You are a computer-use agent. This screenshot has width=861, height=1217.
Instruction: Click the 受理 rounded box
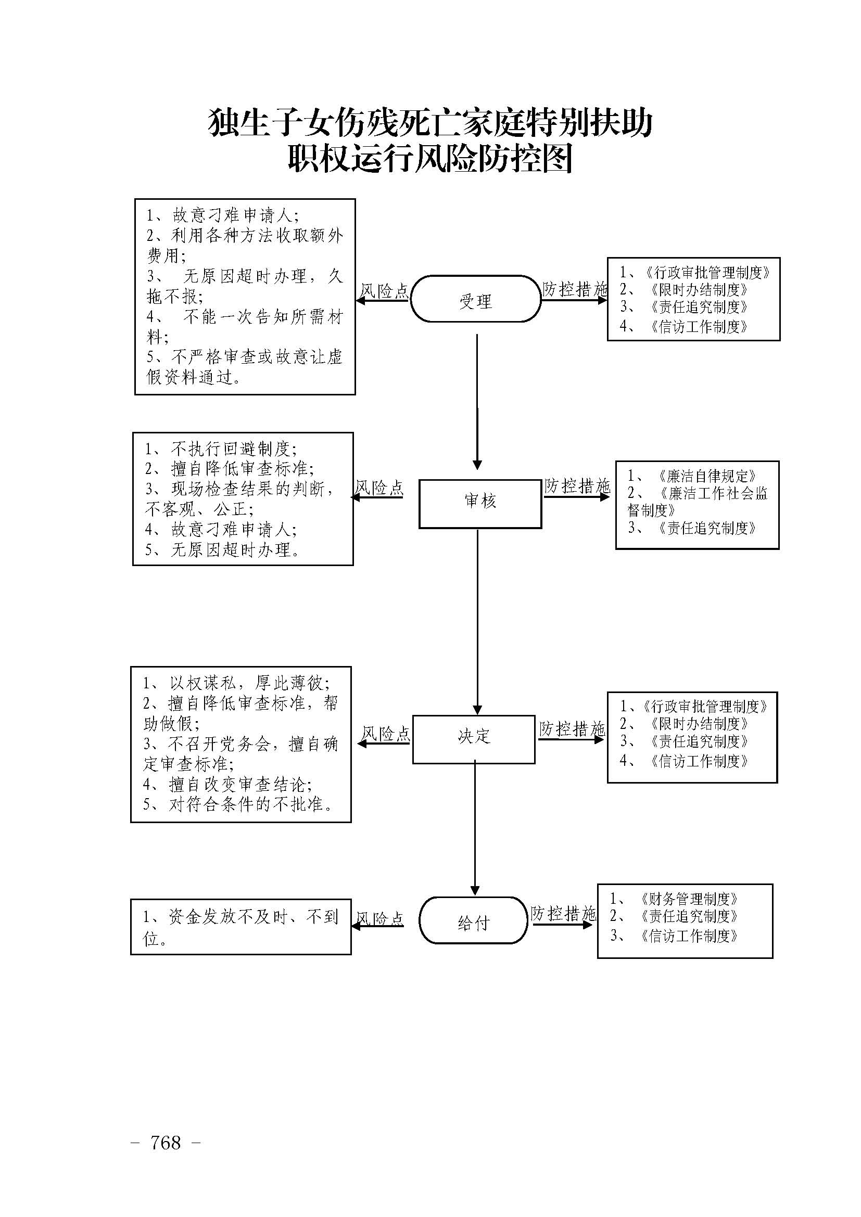pyautogui.click(x=476, y=299)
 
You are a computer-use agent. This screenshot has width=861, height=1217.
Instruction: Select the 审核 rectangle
pyautogui.click(x=480, y=504)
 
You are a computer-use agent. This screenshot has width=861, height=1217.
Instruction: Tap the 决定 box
pyautogui.click(x=473, y=739)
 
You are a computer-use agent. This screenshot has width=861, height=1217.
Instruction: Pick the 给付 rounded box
pyautogui.click(x=473, y=923)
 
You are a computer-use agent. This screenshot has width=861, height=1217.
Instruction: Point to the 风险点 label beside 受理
pyautogui.click(x=384, y=290)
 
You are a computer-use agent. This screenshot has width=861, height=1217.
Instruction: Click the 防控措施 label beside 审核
pyautogui.click(x=577, y=485)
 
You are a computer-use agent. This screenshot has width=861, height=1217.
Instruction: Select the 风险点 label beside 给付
pyautogui.click(x=379, y=918)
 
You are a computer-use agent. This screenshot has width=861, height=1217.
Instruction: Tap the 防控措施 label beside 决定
pyautogui.click(x=572, y=729)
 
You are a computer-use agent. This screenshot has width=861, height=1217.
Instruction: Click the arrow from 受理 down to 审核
pyautogui.click(x=477, y=401)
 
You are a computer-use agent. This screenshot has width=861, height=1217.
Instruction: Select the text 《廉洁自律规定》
pyautogui.click(x=706, y=476)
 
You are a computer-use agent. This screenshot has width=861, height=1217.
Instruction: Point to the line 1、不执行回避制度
pyautogui.click(x=220, y=449)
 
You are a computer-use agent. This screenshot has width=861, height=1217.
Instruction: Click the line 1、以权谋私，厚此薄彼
pyautogui.click(x=236, y=683)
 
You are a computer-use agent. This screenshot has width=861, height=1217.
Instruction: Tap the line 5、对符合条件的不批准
pyautogui.click(x=238, y=804)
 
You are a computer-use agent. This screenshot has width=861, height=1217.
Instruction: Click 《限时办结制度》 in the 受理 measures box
pyautogui.click(x=699, y=289)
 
